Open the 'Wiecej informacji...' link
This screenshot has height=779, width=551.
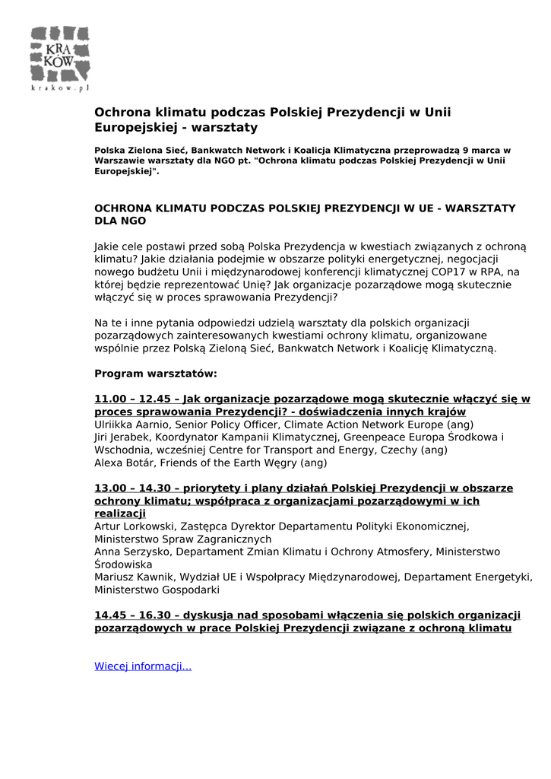point(142,666)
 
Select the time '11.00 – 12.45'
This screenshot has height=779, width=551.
point(135,399)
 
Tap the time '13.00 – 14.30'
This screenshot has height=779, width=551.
point(135,488)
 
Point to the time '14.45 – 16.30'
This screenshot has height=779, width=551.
point(135,615)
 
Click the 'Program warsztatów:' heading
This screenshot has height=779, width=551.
point(156,374)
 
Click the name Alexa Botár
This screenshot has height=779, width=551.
point(123,463)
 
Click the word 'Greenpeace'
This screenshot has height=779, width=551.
point(374,437)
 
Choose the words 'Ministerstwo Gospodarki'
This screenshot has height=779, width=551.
point(157,590)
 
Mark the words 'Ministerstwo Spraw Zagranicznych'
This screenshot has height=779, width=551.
point(182,539)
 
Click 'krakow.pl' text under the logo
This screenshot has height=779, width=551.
point(60,88)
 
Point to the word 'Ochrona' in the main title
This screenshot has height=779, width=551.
point(121,113)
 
